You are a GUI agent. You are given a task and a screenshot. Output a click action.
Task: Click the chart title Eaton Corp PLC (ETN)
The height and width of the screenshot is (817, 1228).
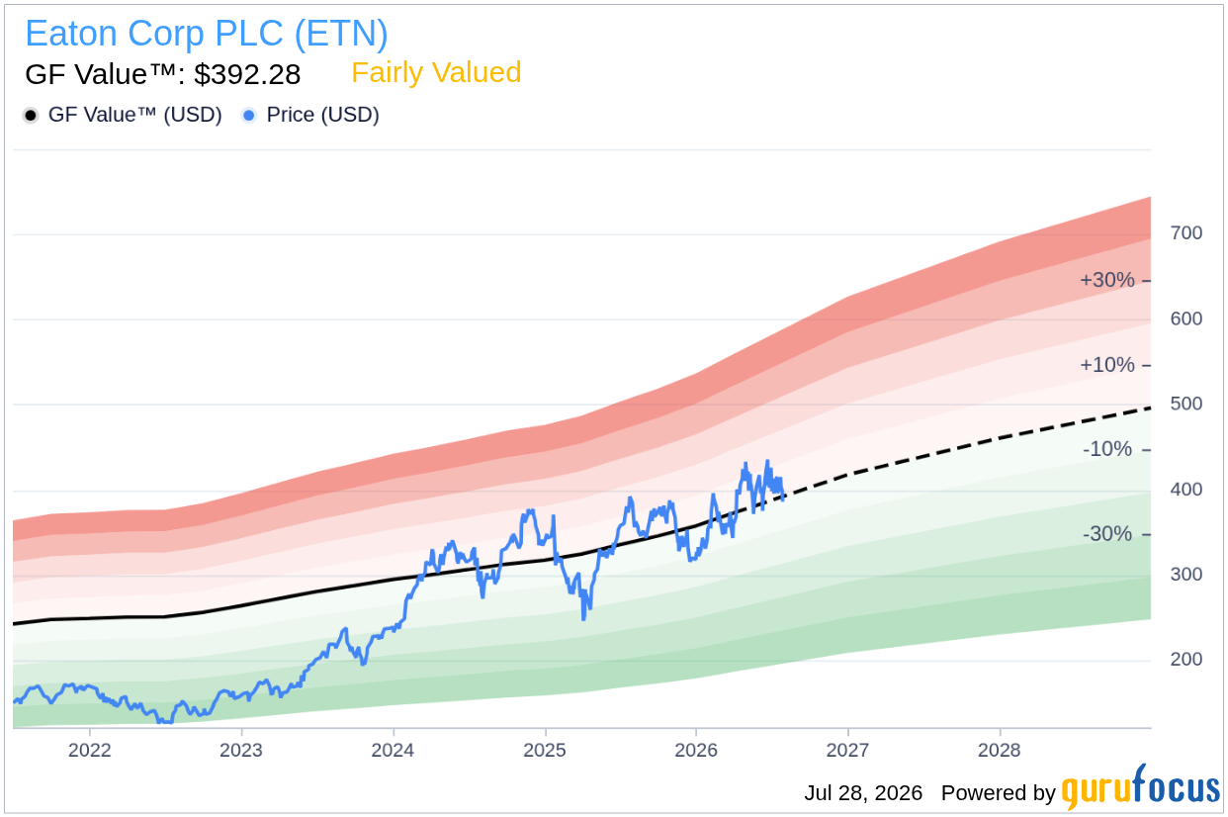207,34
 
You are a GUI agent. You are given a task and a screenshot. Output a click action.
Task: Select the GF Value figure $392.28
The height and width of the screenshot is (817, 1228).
247,74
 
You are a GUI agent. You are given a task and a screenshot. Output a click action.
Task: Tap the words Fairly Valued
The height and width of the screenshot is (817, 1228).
436,72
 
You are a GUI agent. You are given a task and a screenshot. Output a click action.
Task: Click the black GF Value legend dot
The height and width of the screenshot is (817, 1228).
31,116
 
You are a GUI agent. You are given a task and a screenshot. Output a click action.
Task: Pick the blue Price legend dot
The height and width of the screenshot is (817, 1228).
249,116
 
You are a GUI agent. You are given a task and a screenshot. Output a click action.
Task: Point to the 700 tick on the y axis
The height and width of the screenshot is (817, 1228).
1186,233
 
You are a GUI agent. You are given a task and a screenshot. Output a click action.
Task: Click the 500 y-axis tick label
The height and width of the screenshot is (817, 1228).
1186,404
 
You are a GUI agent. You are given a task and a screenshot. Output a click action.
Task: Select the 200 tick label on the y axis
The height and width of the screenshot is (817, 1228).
1186,659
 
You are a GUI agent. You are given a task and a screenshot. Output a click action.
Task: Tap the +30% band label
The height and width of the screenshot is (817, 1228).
1107,280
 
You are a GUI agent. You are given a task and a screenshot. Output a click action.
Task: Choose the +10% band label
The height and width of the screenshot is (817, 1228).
1107,365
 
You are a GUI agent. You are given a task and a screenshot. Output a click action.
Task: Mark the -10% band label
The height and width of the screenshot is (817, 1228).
1107,449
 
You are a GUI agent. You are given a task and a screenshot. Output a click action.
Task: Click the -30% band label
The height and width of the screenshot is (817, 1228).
1107,533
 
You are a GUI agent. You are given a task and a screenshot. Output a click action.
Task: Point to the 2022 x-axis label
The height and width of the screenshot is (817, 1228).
89,750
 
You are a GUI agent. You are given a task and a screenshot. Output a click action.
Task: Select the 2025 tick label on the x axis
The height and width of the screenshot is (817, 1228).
545,750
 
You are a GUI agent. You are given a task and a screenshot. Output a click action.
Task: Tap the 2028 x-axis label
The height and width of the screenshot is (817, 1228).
1000,750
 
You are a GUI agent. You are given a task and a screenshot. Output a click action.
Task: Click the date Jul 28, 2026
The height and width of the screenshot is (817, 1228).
863,793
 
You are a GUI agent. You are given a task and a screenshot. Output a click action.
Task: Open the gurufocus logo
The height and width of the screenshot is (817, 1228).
1141,788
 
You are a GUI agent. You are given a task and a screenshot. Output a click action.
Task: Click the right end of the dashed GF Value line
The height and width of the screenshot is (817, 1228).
1151,408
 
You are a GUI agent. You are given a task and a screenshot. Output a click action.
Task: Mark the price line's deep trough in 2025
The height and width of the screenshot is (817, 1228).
584,619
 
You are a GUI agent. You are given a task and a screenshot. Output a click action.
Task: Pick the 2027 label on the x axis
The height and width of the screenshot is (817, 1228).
848,750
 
